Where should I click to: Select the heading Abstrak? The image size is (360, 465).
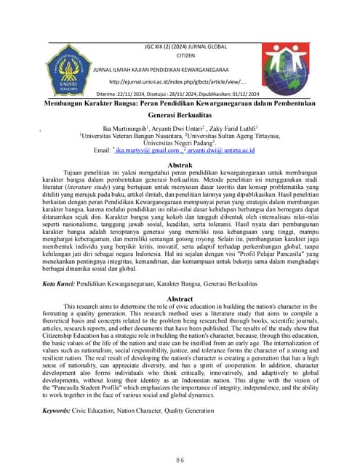(x=180, y=166)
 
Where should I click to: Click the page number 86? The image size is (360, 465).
(x=180, y=441)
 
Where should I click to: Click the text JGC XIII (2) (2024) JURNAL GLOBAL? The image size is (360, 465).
(x=186, y=45)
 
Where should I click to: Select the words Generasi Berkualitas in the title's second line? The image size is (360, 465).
(x=180, y=116)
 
